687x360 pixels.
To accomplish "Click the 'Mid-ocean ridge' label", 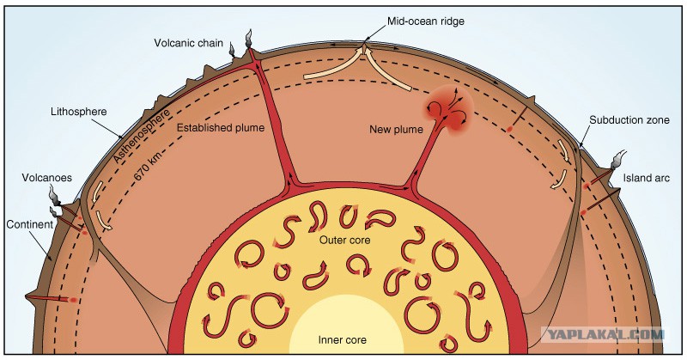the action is (x=425, y=21).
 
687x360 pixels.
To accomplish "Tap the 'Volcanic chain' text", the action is (x=188, y=43).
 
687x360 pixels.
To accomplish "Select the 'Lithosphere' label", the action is (x=78, y=112).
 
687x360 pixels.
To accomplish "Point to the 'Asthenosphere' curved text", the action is (x=142, y=137).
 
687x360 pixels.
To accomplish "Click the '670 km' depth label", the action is (x=148, y=166).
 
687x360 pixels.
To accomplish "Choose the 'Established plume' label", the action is (x=221, y=128).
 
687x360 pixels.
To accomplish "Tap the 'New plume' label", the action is (x=396, y=130).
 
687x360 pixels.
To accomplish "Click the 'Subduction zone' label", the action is (x=629, y=120).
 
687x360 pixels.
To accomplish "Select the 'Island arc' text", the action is (x=647, y=178).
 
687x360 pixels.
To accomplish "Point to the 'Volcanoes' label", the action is (x=47, y=178).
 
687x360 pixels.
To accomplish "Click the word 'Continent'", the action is (x=30, y=224).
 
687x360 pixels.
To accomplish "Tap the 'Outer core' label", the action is (x=345, y=241).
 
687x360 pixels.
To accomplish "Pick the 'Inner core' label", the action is (x=342, y=340).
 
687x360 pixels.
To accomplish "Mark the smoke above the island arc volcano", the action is (x=618, y=160).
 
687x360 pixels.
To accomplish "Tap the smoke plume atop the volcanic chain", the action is (x=248, y=38).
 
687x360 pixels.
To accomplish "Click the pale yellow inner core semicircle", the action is (x=342, y=325).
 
